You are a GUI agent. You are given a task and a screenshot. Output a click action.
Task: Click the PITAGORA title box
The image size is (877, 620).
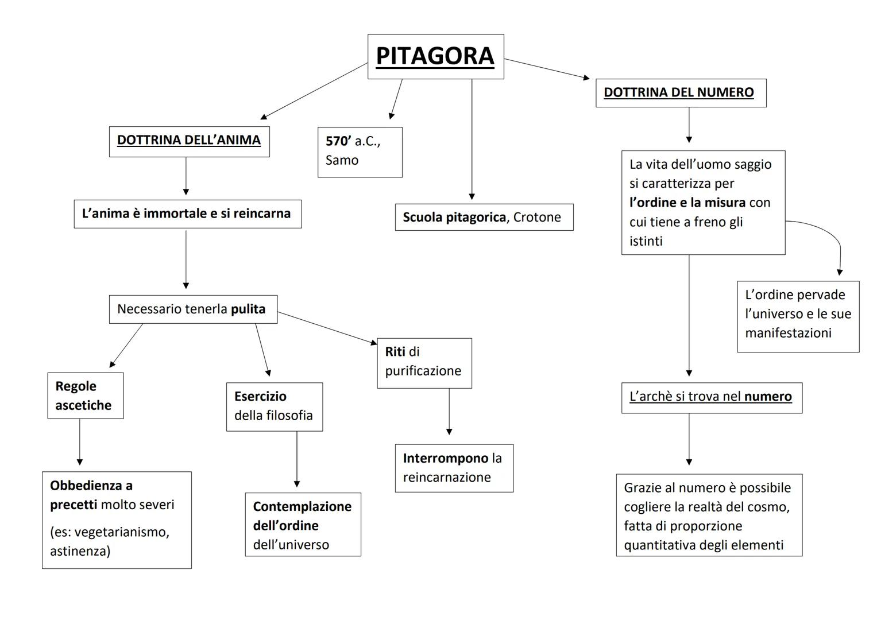(435, 56)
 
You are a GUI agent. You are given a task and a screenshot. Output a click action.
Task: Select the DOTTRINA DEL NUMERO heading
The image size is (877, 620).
(679, 92)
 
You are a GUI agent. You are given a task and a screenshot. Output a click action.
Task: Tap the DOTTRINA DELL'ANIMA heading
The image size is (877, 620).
(189, 140)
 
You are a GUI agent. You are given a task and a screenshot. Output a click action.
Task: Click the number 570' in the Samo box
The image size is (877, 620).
(338, 141)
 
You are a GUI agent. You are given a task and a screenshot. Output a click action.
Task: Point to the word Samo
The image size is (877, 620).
(342, 160)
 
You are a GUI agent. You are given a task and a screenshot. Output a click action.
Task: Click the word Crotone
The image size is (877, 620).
(536, 217)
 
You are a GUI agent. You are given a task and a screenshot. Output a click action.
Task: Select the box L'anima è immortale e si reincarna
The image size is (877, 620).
(187, 214)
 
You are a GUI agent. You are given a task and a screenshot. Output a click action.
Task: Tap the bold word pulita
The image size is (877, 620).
(248, 309)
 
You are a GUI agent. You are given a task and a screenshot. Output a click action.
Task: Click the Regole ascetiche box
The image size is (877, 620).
(85, 396)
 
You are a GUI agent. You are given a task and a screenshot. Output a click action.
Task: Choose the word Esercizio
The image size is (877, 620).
(260, 396)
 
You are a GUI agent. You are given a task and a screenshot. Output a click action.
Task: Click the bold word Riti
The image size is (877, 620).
(395, 352)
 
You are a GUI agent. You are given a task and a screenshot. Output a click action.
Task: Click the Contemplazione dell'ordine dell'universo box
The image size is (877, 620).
(303, 525)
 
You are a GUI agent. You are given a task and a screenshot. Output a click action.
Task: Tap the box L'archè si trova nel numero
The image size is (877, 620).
(711, 397)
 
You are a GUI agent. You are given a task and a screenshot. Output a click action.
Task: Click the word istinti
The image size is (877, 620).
(646, 241)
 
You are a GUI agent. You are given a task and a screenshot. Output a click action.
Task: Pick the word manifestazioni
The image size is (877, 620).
(788, 333)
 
